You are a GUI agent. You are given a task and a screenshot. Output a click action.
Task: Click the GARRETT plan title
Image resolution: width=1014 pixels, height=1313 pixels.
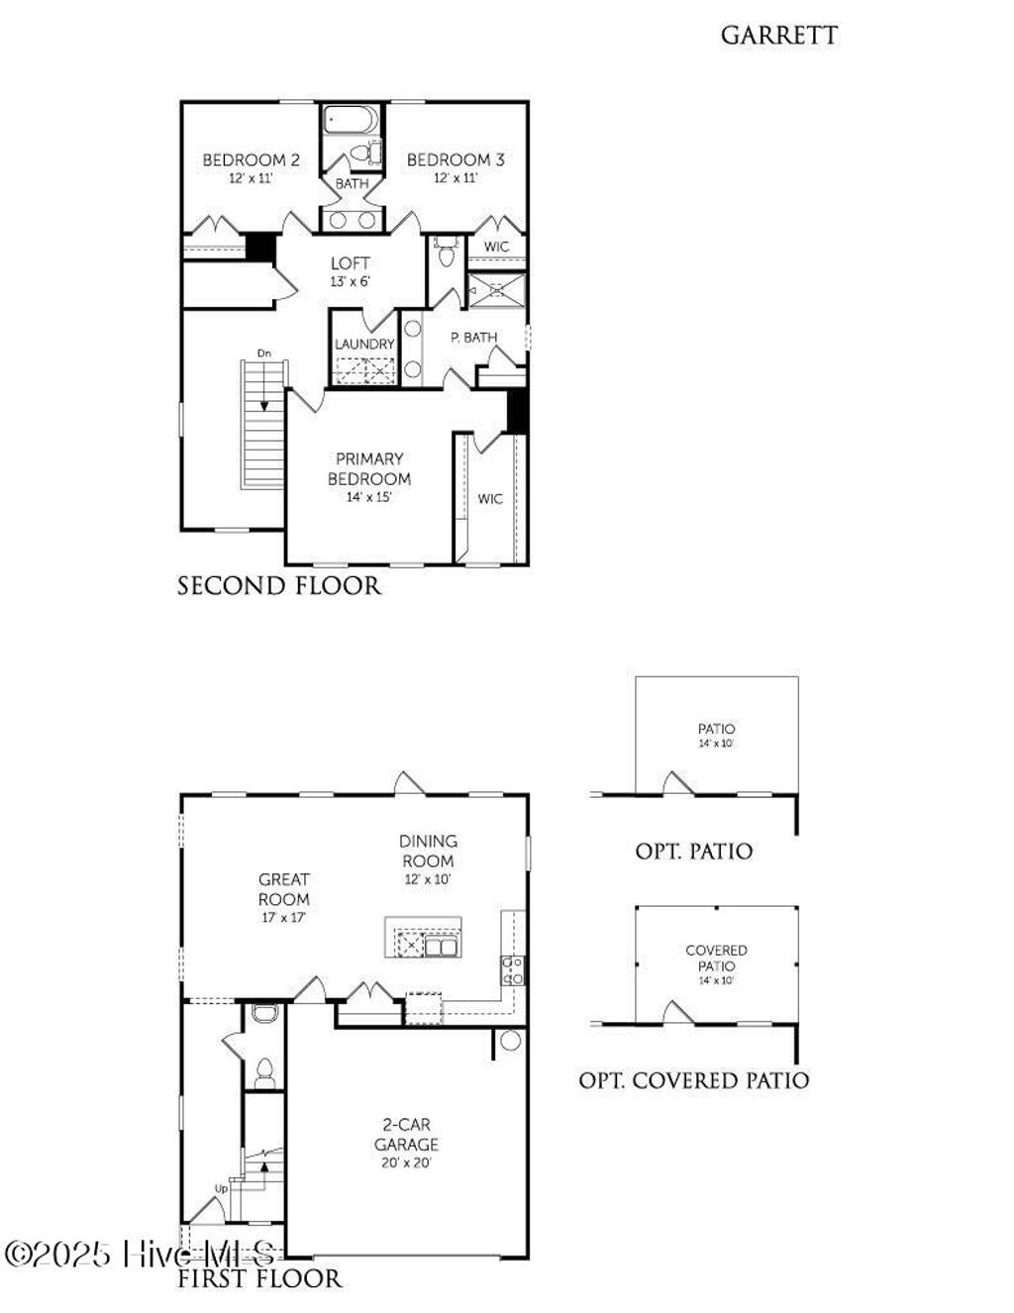pyautogui.click(x=778, y=36)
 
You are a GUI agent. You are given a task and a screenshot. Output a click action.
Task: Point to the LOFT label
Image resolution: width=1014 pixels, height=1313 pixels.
pyautogui.click(x=350, y=263)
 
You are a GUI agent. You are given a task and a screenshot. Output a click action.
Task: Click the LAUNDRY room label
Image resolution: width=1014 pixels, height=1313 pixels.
pyautogui.click(x=364, y=344)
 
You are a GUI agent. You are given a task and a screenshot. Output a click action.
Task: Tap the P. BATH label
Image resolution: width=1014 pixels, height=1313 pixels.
pyautogui.click(x=473, y=338)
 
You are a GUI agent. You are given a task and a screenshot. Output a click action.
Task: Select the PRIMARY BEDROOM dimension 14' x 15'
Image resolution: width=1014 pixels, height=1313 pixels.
pyautogui.click(x=368, y=497)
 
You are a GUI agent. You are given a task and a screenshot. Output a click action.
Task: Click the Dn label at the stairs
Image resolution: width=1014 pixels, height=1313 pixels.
pyautogui.click(x=263, y=353)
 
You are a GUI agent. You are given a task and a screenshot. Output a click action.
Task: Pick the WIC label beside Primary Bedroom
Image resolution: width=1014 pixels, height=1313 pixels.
pyautogui.click(x=490, y=499)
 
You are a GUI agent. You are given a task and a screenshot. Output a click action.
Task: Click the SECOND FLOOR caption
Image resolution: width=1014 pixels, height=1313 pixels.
pyautogui.click(x=278, y=586)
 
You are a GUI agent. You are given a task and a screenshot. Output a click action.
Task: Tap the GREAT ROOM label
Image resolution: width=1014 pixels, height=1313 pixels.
pyautogui.click(x=284, y=889)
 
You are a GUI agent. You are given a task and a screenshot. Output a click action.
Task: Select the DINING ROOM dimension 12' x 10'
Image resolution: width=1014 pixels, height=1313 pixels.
pyautogui.click(x=428, y=879)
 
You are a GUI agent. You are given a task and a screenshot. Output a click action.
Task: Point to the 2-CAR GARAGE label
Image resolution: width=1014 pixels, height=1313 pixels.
pyautogui.click(x=406, y=1135)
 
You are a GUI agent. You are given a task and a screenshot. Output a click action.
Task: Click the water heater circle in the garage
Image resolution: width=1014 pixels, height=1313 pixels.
pyautogui.click(x=510, y=1041)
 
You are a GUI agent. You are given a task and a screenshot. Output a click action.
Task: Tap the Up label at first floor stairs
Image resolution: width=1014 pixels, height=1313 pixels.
pyautogui.click(x=221, y=1188)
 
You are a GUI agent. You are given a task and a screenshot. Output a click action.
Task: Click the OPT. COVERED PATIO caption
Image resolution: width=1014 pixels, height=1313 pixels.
pyautogui.click(x=693, y=1080)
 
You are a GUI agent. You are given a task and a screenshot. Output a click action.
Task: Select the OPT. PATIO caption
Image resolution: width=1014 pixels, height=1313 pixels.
pyautogui.click(x=693, y=851)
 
